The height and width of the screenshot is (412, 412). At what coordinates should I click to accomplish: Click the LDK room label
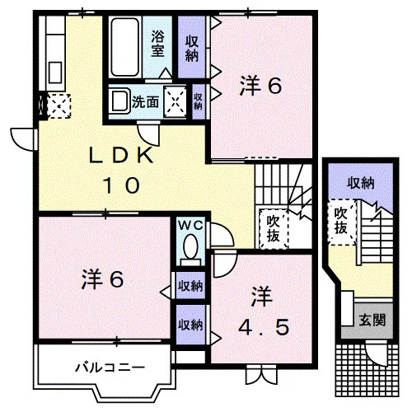tap(121, 170)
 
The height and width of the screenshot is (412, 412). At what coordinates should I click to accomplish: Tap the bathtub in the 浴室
tap(125, 47)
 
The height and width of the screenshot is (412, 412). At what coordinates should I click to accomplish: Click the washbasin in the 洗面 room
tap(119, 101)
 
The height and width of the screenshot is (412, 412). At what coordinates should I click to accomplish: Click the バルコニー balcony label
tap(110, 368)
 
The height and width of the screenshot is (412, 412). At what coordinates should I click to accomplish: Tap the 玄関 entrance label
tap(372, 320)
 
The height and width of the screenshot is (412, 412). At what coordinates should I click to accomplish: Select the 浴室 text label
tap(157, 43)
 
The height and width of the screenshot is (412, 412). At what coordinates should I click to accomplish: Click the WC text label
tap(191, 226)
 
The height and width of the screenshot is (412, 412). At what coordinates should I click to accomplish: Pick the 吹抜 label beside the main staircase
tap(273, 228)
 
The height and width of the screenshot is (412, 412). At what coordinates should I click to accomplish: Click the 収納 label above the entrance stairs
tap(361, 183)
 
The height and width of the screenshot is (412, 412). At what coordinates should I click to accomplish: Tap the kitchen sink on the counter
tap(55, 73)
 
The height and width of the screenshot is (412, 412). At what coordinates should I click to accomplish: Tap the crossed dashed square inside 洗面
tap(175, 101)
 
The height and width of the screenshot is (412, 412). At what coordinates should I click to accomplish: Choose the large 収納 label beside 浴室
tap(192, 49)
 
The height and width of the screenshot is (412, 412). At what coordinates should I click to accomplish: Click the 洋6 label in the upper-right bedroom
tap(260, 86)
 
